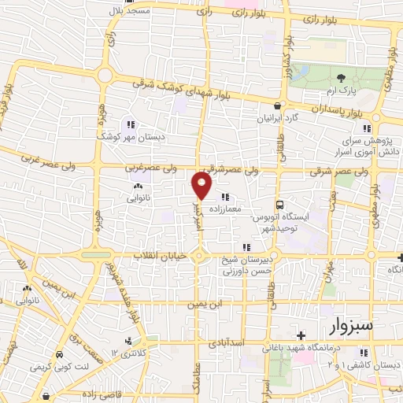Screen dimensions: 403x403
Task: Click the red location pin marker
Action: (x=202, y=186)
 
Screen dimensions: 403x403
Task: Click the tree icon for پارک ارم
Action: (x=341, y=78)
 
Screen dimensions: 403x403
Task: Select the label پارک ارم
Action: (x=341, y=91)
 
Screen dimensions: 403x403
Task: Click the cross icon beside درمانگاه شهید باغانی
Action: (x=301, y=336)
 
